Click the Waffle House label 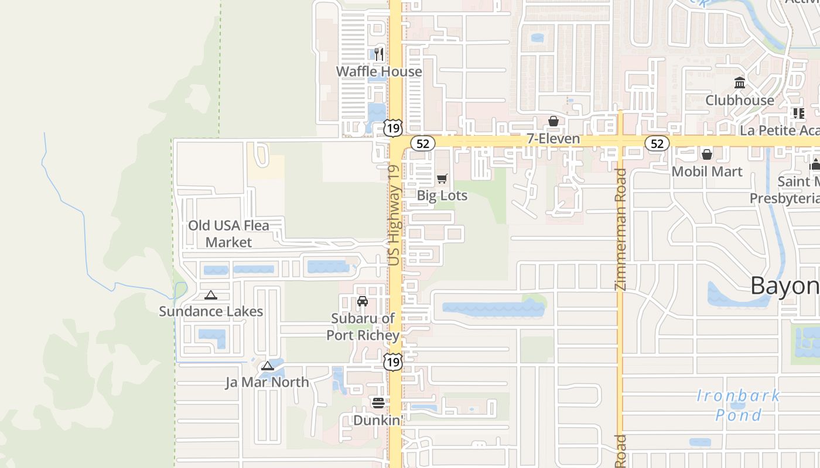click(378, 71)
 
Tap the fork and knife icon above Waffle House click(379, 54)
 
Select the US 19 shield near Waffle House click(394, 127)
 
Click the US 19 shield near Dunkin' click(394, 362)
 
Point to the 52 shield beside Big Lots click(422, 143)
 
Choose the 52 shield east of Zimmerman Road click(657, 143)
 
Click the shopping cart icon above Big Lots click(442, 178)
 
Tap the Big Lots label click(442, 195)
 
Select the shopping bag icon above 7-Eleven click(553, 121)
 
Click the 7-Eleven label click(553, 139)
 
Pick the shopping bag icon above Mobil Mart click(707, 154)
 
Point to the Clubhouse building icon click(740, 83)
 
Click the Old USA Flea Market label click(228, 233)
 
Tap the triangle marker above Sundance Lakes click(211, 295)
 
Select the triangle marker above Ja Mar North click(267, 366)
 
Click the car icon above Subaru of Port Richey click(363, 301)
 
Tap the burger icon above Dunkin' click(378, 403)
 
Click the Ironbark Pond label click(739, 405)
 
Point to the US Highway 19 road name click(394, 215)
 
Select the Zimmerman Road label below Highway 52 click(621, 229)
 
